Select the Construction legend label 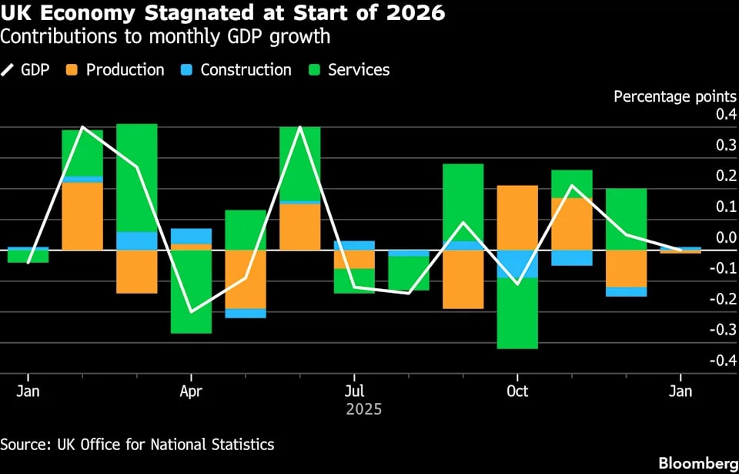pos(246,70)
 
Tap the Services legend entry pos(359,70)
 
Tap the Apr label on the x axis pos(190,392)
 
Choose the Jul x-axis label pos(353,392)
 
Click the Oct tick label pos(517,392)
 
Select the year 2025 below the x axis pos(363,409)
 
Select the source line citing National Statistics pos(137,445)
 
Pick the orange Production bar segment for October pos(517,217)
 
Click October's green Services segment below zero pos(517,313)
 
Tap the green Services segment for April pos(191,291)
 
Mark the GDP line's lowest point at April pos(191,312)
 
